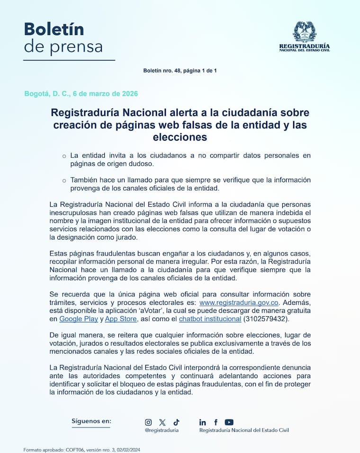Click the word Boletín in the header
[x=54, y=29]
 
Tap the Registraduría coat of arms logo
[x=304, y=32]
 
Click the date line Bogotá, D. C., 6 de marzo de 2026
[x=81, y=94]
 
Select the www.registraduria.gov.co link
[x=239, y=302]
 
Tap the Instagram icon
[x=148, y=422]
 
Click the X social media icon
[x=162, y=422]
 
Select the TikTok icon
[x=176, y=422]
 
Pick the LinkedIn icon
[x=203, y=422]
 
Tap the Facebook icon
[x=216, y=422]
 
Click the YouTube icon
[x=229, y=422]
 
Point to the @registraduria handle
[x=162, y=430]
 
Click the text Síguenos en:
[x=91, y=420]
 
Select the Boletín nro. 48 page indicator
[x=180, y=71]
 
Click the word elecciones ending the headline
[x=180, y=137]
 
